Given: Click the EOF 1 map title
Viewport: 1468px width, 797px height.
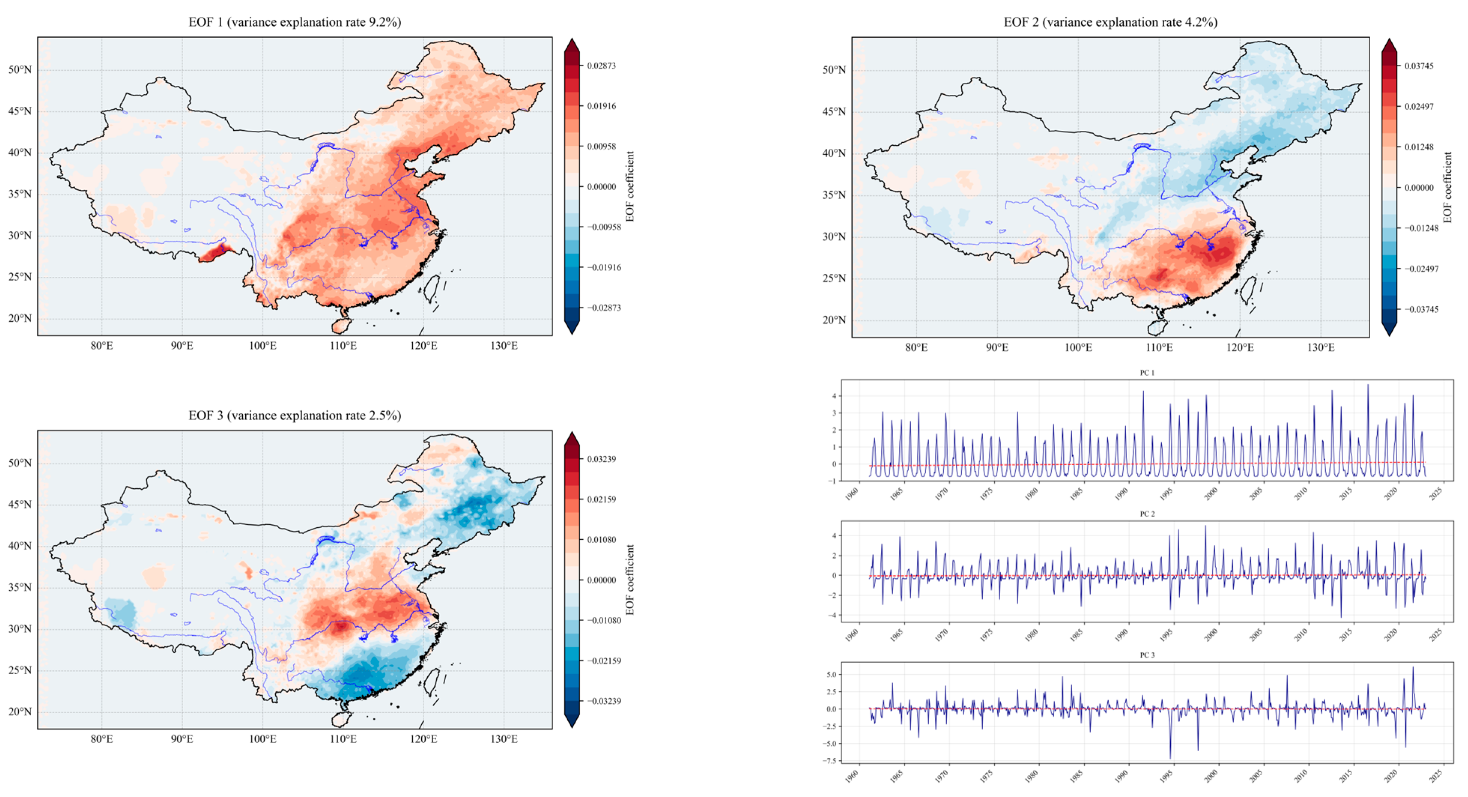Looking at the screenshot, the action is [295, 22].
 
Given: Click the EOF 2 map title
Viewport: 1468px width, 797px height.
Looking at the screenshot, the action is [1110, 22].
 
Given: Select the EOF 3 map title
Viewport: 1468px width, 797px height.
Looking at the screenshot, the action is [295, 416].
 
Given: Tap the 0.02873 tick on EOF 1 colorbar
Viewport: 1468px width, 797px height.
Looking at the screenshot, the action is [601, 66].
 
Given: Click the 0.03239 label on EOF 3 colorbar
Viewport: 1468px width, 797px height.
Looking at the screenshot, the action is [601, 459].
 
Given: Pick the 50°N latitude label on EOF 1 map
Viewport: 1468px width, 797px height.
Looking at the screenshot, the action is [20, 70].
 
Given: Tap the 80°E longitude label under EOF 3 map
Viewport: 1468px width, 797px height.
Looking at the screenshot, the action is [101, 739].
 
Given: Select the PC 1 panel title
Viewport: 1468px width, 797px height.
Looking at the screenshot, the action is [1147, 373].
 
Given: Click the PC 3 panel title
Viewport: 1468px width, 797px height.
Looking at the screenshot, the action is [1147, 655].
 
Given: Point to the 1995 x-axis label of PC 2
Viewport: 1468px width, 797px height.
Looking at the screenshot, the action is [1165, 634].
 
